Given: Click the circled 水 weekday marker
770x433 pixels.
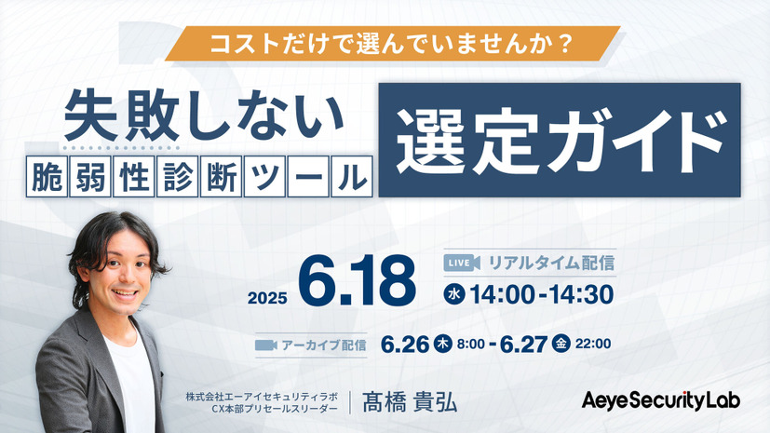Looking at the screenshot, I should coord(454,295).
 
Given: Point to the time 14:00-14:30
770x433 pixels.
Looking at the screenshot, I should coord(541,295).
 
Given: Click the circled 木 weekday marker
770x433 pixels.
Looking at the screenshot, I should coord(443,343).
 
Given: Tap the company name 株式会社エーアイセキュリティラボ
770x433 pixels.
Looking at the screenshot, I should coord(271,394).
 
